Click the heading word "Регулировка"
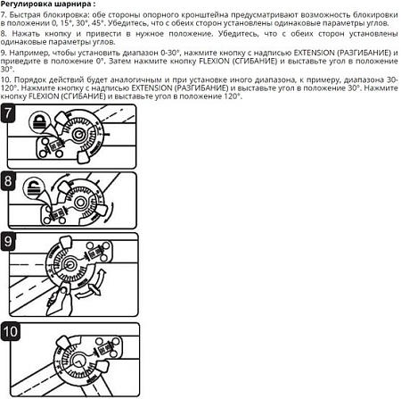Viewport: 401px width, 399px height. point(29,5)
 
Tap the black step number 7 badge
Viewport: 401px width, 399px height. point(10,114)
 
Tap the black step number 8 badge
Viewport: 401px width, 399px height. point(10,182)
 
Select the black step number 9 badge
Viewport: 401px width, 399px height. point(10,241)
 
